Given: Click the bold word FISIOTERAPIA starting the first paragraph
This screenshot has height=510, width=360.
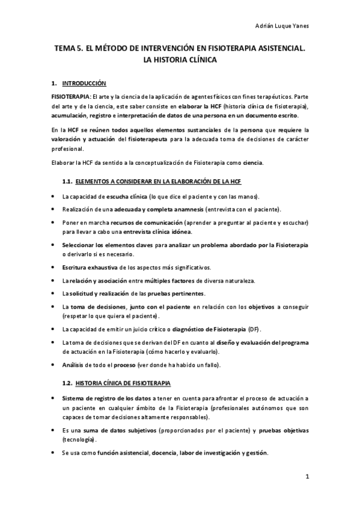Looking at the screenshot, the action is pyautogui.click(x=70, y=96).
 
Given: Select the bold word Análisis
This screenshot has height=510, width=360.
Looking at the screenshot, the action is pyautogui.click(x=75, y=364).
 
